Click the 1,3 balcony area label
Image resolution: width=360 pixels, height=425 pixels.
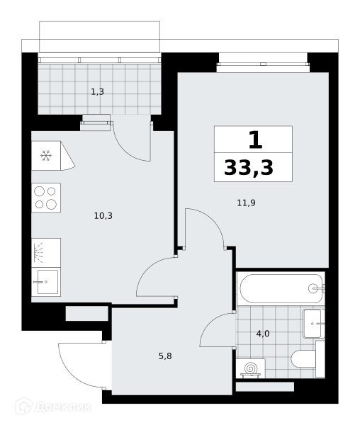(x=97, y=92)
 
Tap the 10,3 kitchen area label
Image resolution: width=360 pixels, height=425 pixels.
(x=103, y=216)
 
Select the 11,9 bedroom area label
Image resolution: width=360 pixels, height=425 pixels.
(x=246, y=203)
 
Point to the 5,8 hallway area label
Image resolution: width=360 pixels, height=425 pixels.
(x=165, y=356)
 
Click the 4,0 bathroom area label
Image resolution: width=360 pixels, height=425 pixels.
(x=263, y=334)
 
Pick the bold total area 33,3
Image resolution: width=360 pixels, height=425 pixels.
(x=249, y=168)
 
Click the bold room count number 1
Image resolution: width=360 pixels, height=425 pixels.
(x=255, y=140)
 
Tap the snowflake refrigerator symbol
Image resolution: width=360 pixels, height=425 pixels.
(x=46, y=156)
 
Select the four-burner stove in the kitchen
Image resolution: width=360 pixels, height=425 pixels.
(x=46, y=198)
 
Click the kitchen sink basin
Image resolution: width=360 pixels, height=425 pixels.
(x=47, y=282)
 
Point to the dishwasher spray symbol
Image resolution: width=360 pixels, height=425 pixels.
(x=38, y=253)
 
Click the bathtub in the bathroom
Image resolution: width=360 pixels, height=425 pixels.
(x=281, y=288)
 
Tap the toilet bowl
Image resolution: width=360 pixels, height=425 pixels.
(x=303, y=359)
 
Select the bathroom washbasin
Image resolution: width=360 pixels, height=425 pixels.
(x=313, y=324)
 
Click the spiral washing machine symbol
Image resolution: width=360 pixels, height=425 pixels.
(x=250, y=368)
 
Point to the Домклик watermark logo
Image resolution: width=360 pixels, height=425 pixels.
(x=53, y=407)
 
